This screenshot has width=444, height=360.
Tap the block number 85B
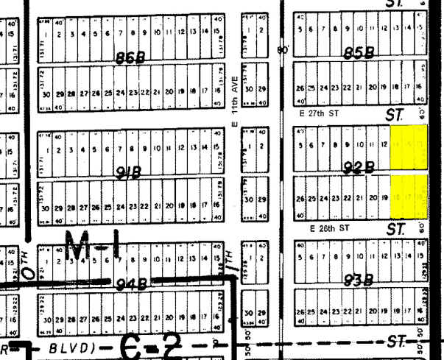[x=359, y=53]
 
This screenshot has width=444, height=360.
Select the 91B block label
[x=130, y=174]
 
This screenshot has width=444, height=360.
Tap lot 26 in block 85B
[x=299, y=87]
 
